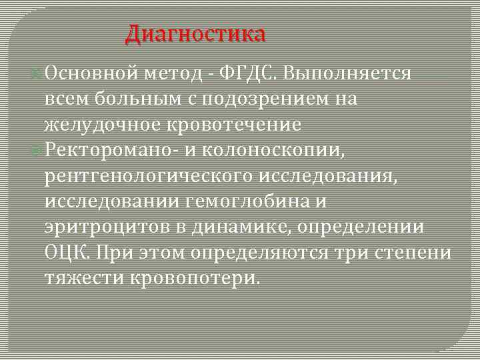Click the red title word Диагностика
tap(195, 33)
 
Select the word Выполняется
tap(347, 73)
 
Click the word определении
tap(363, 227)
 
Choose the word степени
tap(416, 253)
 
